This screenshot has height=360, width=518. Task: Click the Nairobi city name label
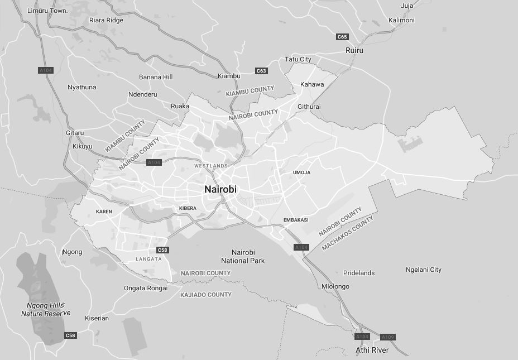coord(220,189)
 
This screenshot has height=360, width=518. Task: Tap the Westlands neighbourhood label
coord(211,166)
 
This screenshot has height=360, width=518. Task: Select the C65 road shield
coord(342,37)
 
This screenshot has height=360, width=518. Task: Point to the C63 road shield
coord(261,71)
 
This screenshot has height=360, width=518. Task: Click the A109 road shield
coord(387,337)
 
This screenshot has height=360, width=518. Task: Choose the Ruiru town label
coord(354,50)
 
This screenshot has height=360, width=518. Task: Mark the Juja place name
coord(407,6)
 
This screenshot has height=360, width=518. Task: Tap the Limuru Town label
coord(47,11)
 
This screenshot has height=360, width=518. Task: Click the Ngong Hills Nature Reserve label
coord(46,309)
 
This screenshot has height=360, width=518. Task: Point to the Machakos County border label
coord(347,233)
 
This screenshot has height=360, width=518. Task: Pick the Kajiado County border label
coord(206,294)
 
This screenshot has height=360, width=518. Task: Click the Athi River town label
coord(372,351)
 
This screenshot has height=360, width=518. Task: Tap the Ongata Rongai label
coord(146,288)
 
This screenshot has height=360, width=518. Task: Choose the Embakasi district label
coord(296,220)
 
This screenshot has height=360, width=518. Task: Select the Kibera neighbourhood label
coord(188,208)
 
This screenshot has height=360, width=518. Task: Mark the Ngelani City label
coord(424,270)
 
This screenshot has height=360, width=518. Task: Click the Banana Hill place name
coord(156,77)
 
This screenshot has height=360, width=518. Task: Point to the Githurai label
coord(309,107)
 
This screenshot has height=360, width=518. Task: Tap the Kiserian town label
coord(97,318)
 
